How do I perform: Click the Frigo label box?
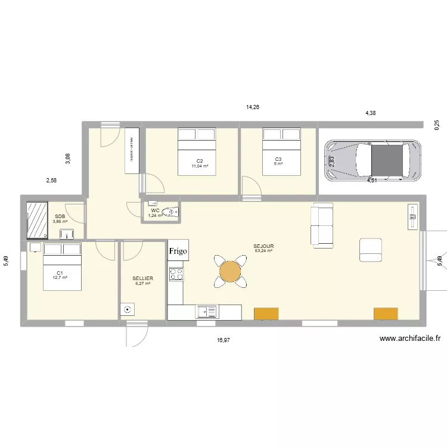coord(178,251)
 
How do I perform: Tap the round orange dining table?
coord(230,272)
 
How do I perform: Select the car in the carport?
coord(371,160)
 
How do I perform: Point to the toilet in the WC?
coord(172,212)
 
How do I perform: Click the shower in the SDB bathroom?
coord(37,219)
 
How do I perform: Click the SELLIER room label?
coord(143,278)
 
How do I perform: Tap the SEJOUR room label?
coord(263,246)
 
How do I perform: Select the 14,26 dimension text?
coord(253,107)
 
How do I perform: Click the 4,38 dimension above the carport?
coord(370,113)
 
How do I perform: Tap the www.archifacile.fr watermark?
coord(410,339)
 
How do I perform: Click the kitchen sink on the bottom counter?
coord(207,311)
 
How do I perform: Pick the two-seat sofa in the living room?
coord(322,225)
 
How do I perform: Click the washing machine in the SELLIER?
coord(128,309)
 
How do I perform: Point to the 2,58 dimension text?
coord(52,180)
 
